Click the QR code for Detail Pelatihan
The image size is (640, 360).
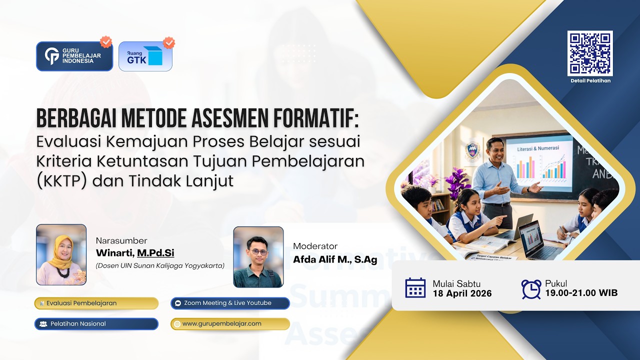590,53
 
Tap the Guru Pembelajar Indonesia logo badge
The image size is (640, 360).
74,56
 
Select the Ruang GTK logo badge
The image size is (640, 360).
145,56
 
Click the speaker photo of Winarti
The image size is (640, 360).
61,254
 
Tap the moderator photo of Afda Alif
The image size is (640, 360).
258,257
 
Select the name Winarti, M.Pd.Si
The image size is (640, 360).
135,253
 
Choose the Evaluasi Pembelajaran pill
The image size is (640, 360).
96,303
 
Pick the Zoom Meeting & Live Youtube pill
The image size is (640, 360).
229,303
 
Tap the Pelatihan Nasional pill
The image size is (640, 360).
96,323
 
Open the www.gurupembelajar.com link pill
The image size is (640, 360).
229,323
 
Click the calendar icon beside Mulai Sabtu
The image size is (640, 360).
415,288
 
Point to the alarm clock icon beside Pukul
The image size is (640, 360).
530,288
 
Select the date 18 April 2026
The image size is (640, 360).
462,293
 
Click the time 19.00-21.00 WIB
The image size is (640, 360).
581,293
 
